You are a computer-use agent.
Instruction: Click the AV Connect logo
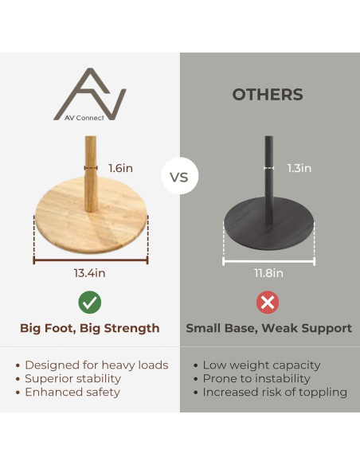[x=90, y=94]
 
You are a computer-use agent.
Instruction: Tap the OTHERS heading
[x=268, y=95]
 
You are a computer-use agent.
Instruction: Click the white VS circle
[x=179, y=176]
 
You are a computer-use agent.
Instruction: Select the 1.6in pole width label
[x=121, y=168]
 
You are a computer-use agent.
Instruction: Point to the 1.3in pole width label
[x=299, y=168]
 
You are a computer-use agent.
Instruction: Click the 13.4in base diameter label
[x=89, y=273]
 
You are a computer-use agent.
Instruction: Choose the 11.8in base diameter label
[x=268, y=273]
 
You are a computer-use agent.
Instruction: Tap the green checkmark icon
[x=90, y=303]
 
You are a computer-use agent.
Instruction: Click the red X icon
[x=268, y=303]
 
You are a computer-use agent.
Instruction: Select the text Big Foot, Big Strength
[x=90, y=328]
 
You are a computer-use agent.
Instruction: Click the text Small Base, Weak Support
[x=269, y=328]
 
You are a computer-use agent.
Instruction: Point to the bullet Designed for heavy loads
[x=92, y=365]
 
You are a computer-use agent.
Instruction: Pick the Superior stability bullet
[x=68, y=379]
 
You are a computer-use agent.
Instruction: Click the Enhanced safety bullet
[x=68, y=393]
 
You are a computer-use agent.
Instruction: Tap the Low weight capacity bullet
[x=257, y=365]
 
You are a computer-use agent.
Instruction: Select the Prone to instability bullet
[x=252, y=379]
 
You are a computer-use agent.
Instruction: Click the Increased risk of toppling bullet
[x=270, y=393]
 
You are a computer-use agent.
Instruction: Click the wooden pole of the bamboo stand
[x=91, y=174]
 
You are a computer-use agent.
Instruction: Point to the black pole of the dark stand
[x=269, y=180]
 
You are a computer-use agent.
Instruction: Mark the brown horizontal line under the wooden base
[x=91, y=260]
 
